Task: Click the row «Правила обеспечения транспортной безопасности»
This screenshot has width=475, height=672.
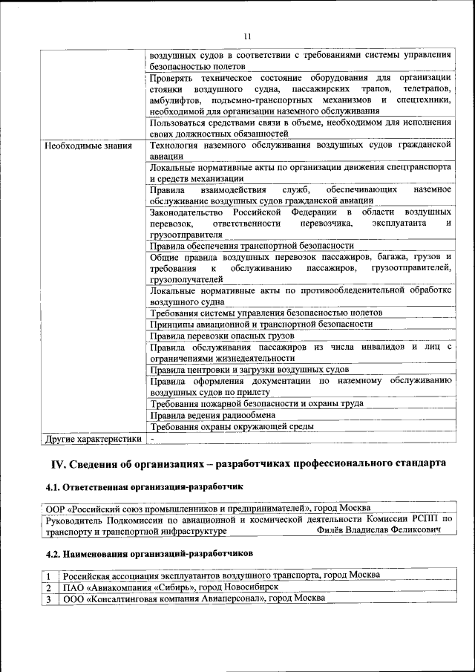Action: [252, 245]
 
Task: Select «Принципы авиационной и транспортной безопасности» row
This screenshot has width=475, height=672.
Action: [261, 324]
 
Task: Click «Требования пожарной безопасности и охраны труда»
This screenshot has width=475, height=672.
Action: [256, 403]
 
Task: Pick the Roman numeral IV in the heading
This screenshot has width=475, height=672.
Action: [59, 464]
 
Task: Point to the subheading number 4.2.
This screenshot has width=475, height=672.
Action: [56, 554]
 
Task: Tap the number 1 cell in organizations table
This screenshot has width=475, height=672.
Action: [48, 575]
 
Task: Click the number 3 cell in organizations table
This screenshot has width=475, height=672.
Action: [48, 598]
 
